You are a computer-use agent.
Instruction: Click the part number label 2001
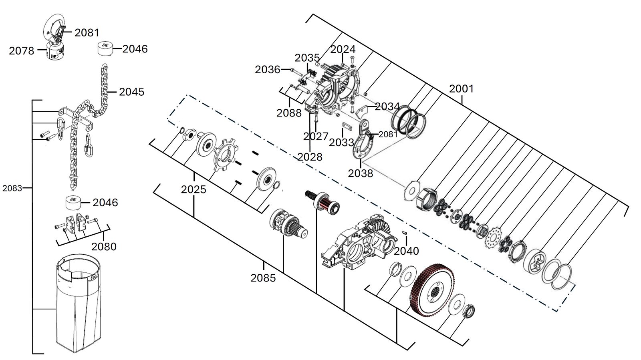[x=461, y=88]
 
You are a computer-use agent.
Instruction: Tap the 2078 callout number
[x=22, y=51]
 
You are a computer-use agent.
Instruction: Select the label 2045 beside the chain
[x=132, y=92]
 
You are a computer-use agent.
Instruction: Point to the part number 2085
[x=263, y=278]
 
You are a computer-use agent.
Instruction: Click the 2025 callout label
[x=194, y=189]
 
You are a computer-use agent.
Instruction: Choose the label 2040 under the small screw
[x=406, y=251]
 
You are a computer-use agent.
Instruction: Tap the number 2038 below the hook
[x=360, y=173]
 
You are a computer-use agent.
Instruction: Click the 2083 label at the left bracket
[x=12, y=188]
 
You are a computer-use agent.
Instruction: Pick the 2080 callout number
[x=104, y=247]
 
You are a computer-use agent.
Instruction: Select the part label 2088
[x=289, y=113]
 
